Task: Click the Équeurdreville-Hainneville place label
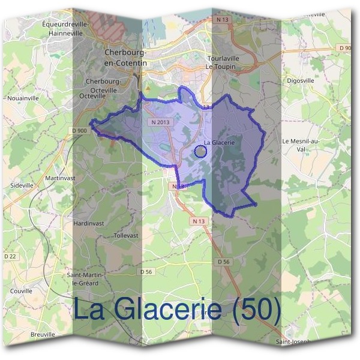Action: pyautogui.click(x=66, y=29)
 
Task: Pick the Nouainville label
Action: pyautogui.click(x=22, y=97)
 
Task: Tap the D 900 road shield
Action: pyautogui.click(x=79, y=130)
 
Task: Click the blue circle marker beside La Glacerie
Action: pyautogui.click(x=201, y=152)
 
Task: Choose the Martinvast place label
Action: pyautogui.click(x=61, y=178)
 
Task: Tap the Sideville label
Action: pyautogui.click(x=22, y=186)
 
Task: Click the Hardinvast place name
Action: pyautogui.click(x=88, y=223)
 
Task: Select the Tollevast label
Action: pyautogui.click(x=125, y=236)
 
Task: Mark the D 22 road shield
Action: pyautogui.click(x=10, y=256)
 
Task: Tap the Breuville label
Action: pyautogui.click(x=43, y=334)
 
